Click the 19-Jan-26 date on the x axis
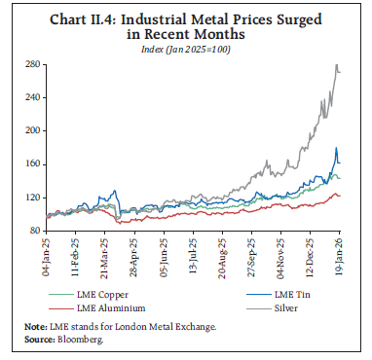[x=334, y=255]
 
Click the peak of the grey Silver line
[x=337, y=65]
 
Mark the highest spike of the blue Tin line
[x=336, y=148]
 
